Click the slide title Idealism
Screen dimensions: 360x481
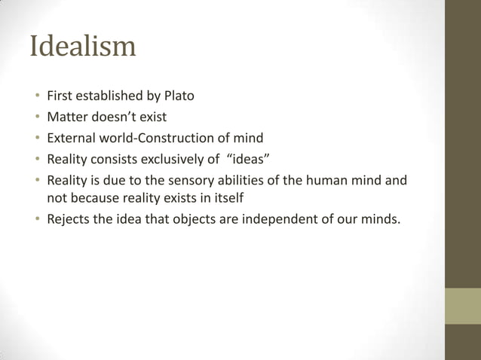[83, 47]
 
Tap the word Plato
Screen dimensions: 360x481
[179, 96]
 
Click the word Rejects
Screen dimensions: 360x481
[70, 220]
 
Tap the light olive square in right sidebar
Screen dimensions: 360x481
[463, 306]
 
